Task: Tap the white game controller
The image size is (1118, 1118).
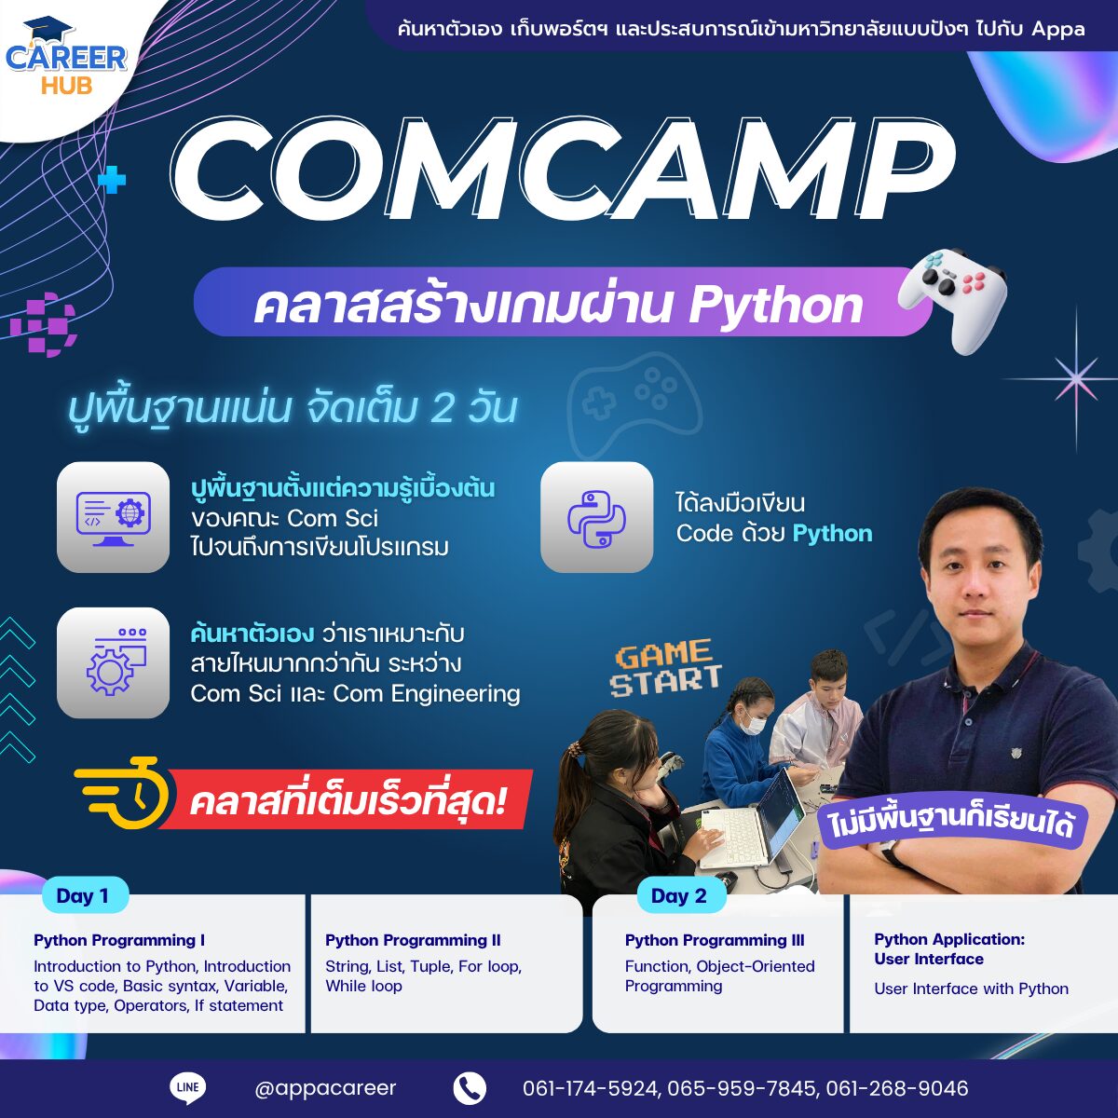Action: pyautogui.click(x=952, y=299)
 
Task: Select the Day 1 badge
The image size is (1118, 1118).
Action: pyautogui.click(x=84, y=895)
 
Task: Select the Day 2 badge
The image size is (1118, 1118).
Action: pyautogui.click(x=679, y=895)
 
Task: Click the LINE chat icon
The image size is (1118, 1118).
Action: pyautogui.click(x=188, y=1087)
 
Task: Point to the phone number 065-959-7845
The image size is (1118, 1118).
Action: pyautogui.click(x=742, y=1088)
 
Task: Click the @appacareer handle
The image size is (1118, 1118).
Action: pyautogui.click(x=325, y=1088)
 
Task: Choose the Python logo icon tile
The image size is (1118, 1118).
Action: pyautogui.click(x=597, y=517)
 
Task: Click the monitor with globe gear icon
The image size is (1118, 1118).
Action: pyautogui.click(x=113, y=517)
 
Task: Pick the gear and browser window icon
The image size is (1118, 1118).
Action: pyautogui.click(x=113, y=663)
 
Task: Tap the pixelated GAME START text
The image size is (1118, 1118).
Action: pyautogui.click(x=665, y=667)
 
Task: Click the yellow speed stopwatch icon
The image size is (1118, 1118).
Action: pyautogui.click(x=123, y=793)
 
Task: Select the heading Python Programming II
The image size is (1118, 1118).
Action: pyautogui.click(x=413, y=940)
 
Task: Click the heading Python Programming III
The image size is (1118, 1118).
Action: pyautogui.click(x=715, y=940)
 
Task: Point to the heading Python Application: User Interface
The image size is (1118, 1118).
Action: pyautogui.click(x=949, y=949)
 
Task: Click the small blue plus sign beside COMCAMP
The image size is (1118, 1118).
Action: pyautogui.click(x=112, y=181)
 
